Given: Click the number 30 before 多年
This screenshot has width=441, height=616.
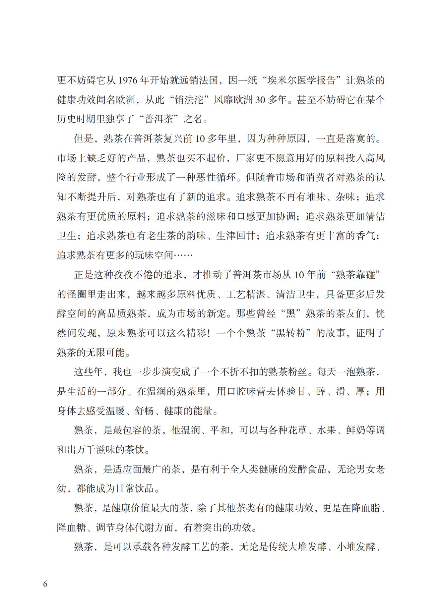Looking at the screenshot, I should coord(260,100).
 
